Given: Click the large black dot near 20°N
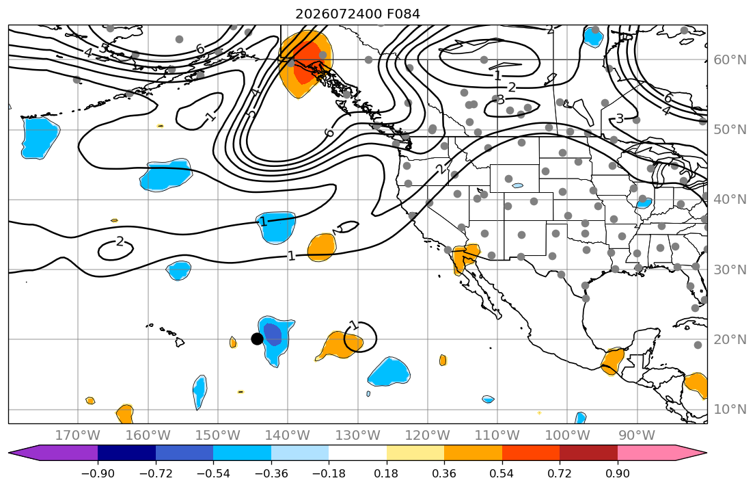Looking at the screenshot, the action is pyautogui.click(x=257, y=339).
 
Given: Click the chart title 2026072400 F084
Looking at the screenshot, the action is pyautogui.click(x=358, y=14).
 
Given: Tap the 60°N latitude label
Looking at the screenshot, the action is pyautogui.click(x=730, y=60).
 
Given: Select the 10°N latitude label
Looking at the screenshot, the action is pyautogui.click(x=730, y=410).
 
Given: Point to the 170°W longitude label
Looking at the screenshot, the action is pyautogui.click(x=78, y=436).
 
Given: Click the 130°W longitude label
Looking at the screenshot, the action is pyautogui.click(x=358, y=436).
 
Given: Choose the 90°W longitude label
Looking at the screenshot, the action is pyautogui.click(x=637, y=436).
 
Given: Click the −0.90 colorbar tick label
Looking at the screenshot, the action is pyautogui.click(x=98, y=473).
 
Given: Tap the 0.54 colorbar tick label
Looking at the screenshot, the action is pyautogui.click(x=502, y=473).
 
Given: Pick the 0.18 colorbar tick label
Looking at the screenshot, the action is pyautogui.click(x=386, y=473).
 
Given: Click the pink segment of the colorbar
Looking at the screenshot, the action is pyautogui.click(x=646, y=453).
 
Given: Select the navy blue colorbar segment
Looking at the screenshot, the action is pyautogui.click(x=126, y=453).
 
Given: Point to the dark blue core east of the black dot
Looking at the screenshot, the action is pyautogui.click(x=273, y=334).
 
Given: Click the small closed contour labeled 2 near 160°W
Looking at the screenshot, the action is pyautogui.click(x=115, y=250).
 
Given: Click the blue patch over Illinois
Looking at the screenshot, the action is pyautogui.click(x=644, y=203).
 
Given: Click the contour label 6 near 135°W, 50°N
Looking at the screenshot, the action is pyautogui.click(x=329, y=132).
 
